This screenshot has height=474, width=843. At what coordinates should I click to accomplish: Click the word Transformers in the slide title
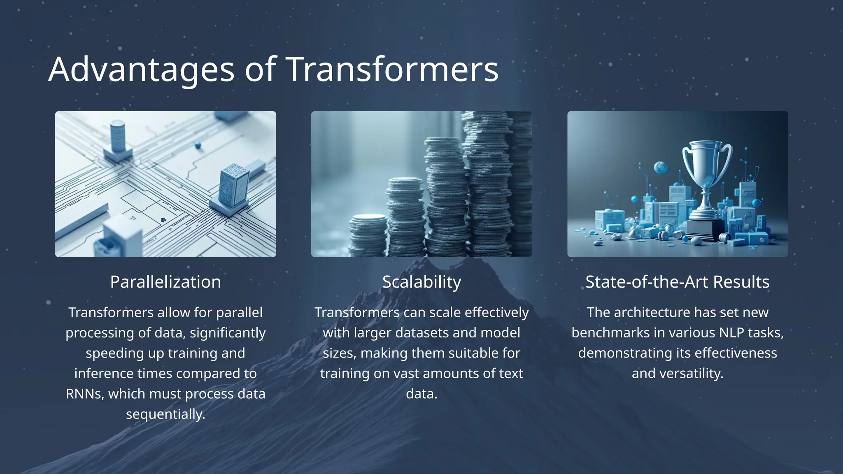(x=391, y=69)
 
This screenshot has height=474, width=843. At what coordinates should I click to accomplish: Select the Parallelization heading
(x=165, y=282)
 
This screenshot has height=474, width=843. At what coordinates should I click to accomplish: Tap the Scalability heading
(x=421, y=282)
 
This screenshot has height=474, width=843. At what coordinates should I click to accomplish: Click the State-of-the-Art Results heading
(x=678, y=282)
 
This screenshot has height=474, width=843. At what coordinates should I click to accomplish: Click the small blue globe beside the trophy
(x=661, y=167)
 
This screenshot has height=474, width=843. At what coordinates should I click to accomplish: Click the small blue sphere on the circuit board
(x=198, y=145)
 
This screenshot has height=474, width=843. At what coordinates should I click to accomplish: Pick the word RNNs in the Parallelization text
(x=84, y=394)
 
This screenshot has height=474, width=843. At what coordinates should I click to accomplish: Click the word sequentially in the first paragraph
(x=165, y=414)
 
